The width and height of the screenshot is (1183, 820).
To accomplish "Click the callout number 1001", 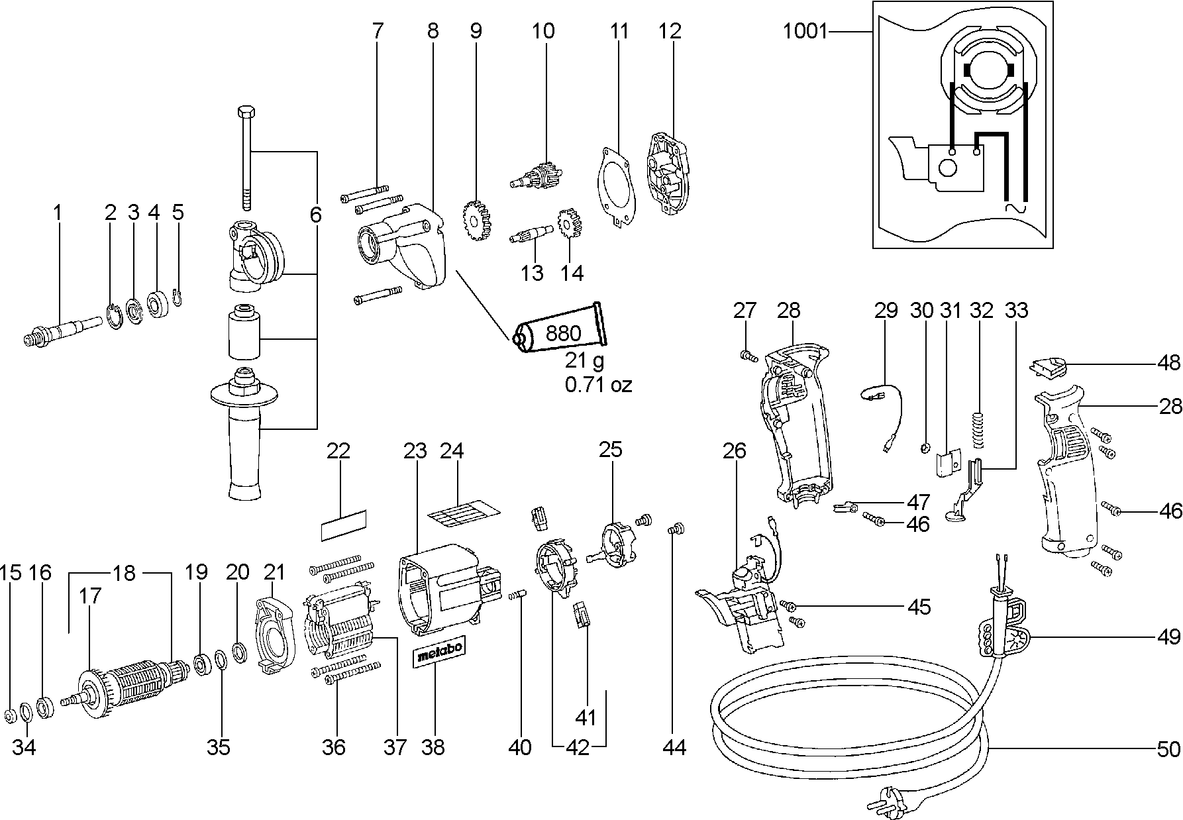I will [x=805, y=31].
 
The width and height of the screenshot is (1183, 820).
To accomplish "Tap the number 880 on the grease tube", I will [x=563, y=333].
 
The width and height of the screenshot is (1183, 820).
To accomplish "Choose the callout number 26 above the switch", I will [x=735, y=451].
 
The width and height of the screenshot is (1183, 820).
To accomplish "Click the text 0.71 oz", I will [x=597, y=384].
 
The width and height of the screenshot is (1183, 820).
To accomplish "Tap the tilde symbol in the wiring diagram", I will [x=1015, y=208].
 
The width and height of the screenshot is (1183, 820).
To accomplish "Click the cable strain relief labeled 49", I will [x=1007, y=636].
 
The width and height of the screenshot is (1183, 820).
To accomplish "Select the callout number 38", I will [x=435, y=747].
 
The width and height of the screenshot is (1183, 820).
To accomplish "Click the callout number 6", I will [x=315, y=215].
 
